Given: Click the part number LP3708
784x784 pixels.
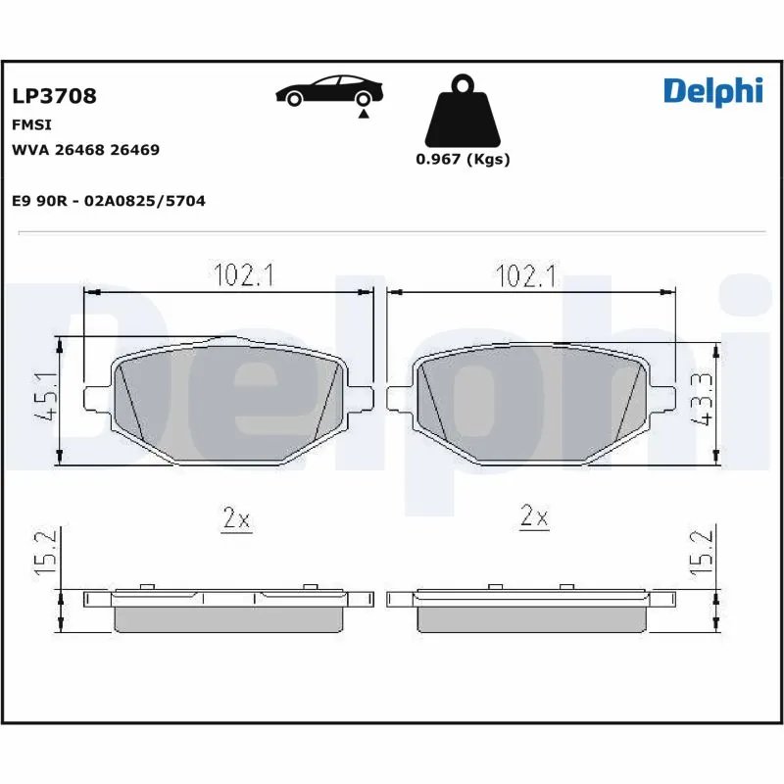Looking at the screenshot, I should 54,96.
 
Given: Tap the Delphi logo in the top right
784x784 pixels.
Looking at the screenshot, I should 712,90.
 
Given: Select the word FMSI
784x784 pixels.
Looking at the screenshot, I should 31,125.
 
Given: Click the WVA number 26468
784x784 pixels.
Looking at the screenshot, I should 81,150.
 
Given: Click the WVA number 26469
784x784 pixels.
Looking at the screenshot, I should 135,150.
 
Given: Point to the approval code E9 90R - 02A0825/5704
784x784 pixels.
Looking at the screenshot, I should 108,200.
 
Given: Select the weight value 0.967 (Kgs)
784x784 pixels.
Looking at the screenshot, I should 462,160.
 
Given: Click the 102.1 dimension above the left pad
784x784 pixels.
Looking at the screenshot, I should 242,276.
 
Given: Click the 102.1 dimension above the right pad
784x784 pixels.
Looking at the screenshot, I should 526,276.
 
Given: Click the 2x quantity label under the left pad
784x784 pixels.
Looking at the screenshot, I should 236,518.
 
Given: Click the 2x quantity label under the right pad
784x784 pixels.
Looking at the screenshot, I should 534,517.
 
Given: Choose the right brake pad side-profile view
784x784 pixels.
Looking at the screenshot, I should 532,608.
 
